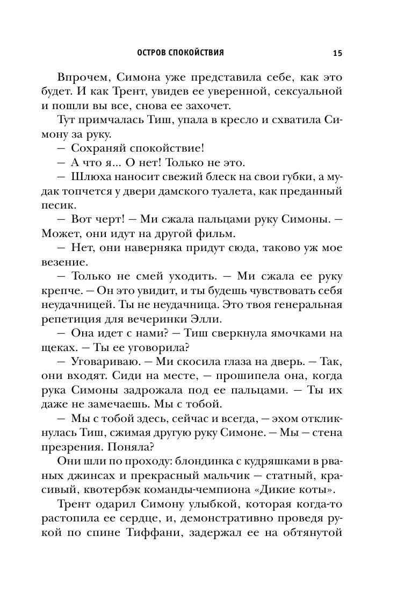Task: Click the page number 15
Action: click(337, 53)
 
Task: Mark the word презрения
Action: click(72, 453)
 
